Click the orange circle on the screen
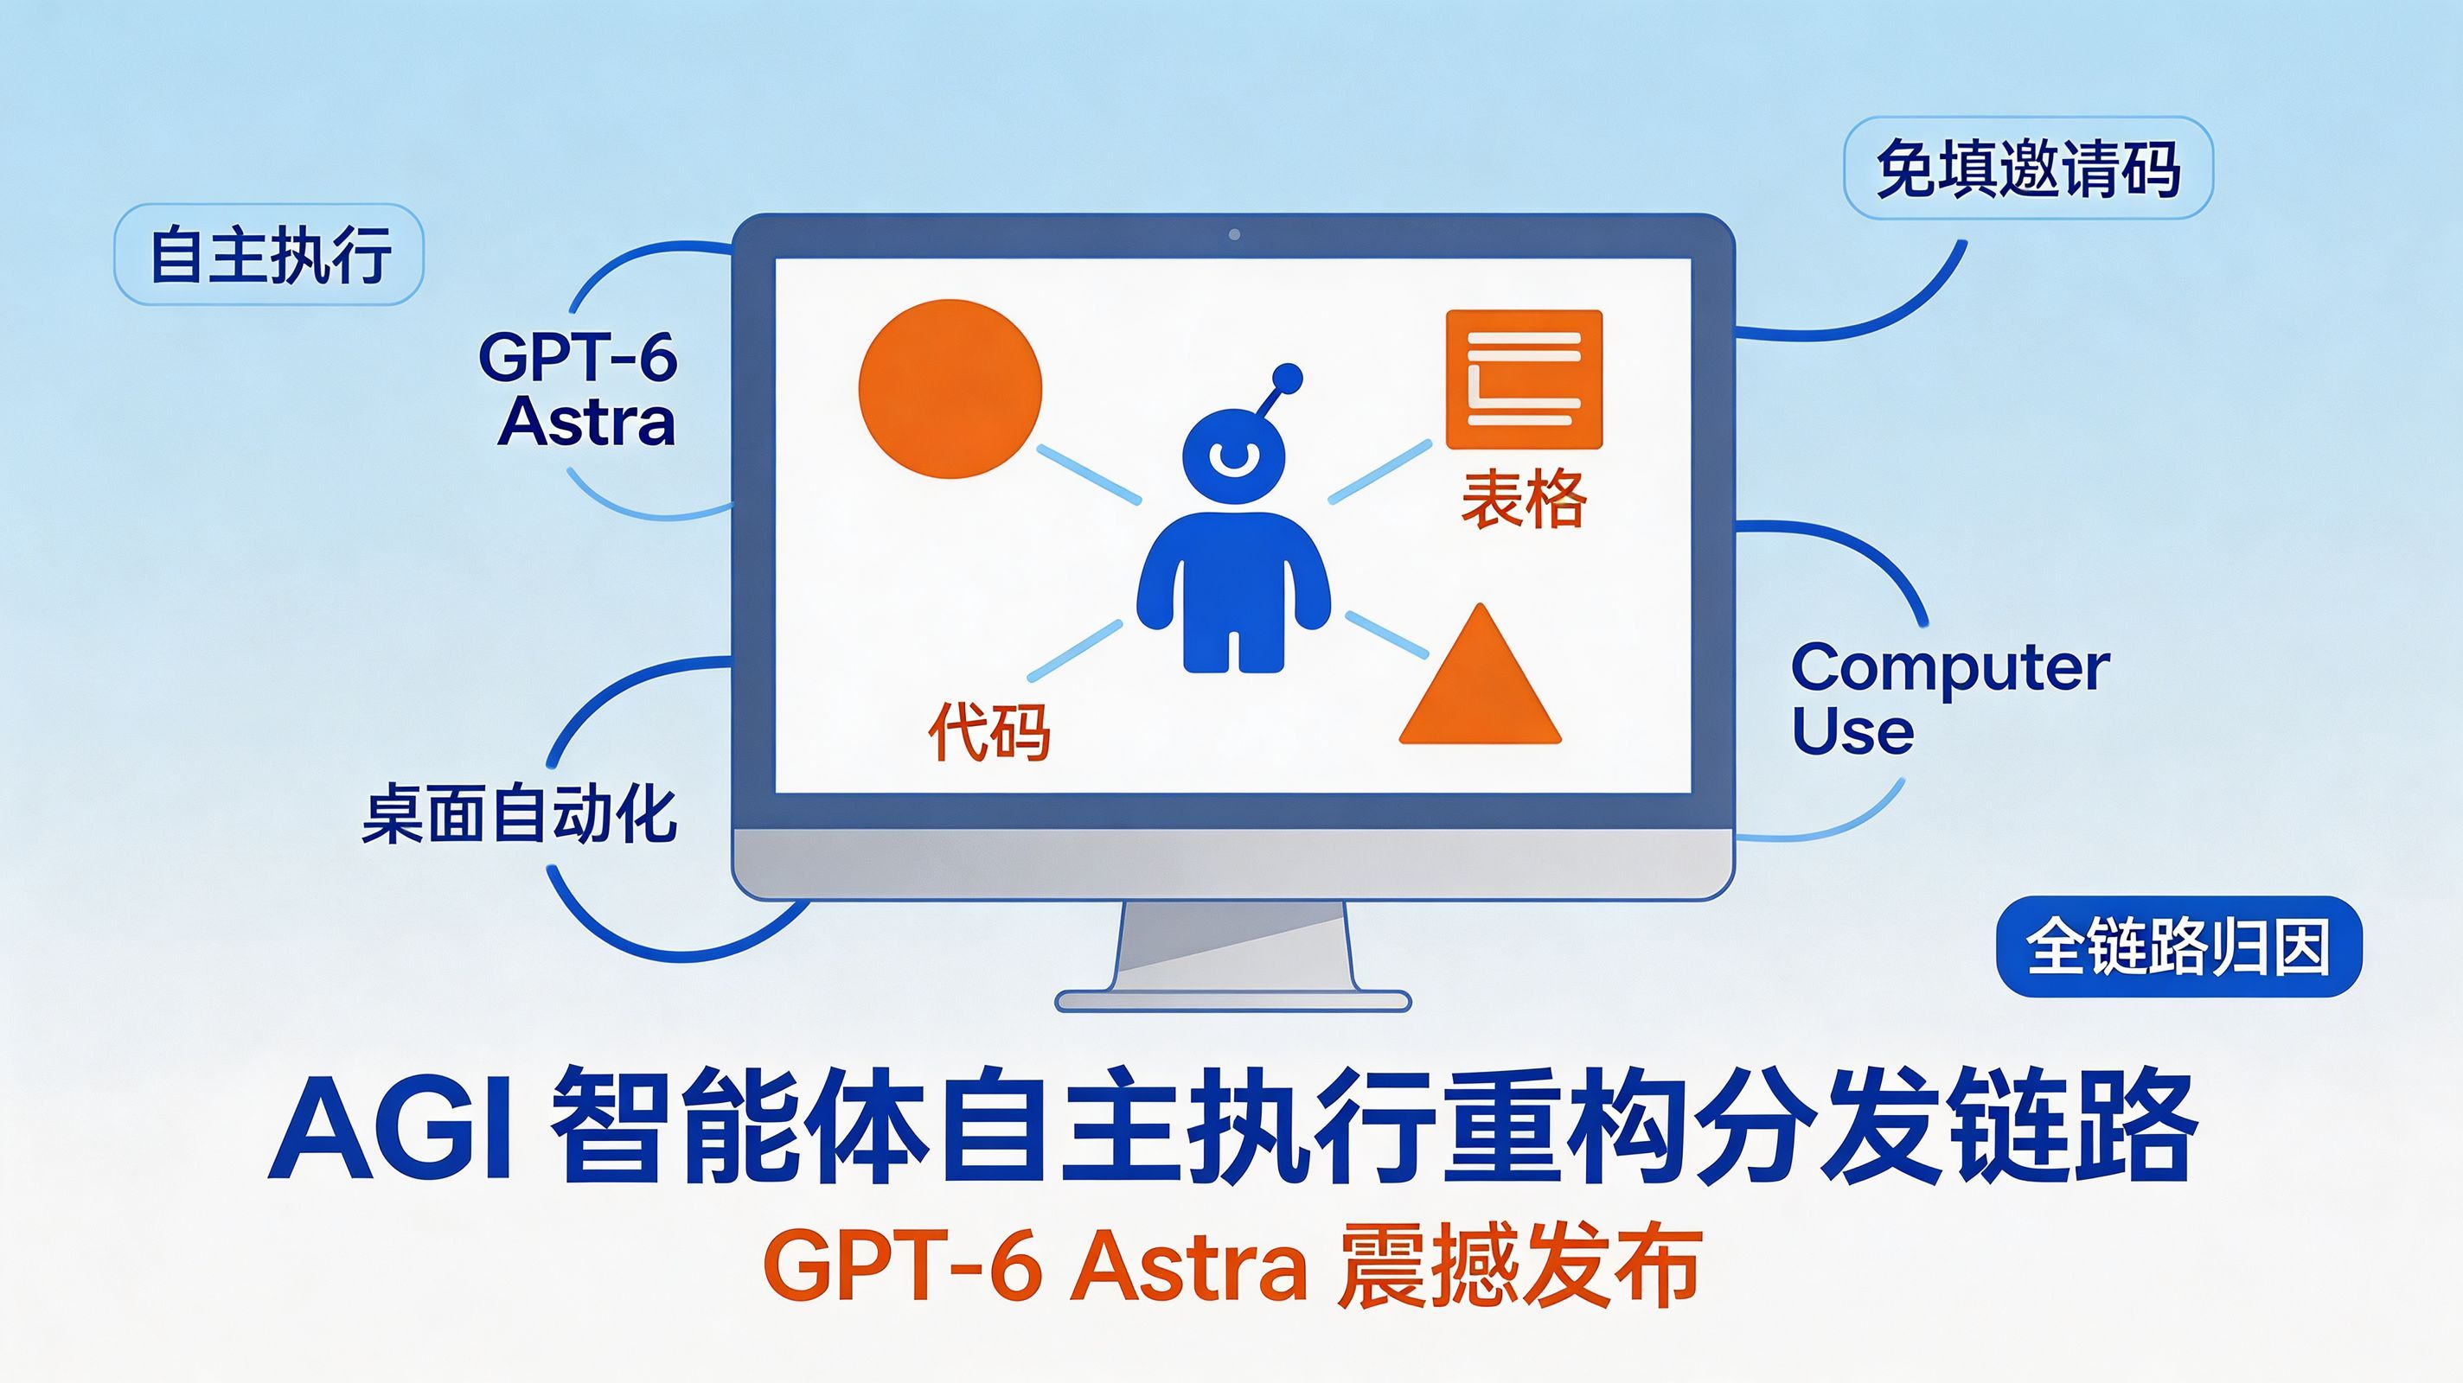950,388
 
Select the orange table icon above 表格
1523,379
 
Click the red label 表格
1524,499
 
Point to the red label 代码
988,732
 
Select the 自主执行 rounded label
269,254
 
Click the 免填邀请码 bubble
2028,169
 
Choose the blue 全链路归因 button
2179,946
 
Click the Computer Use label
1949,698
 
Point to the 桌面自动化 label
519,814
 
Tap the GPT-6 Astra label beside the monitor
579,389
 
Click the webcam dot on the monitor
1233,234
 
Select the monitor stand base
1232,1001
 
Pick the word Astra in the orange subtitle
1188,1267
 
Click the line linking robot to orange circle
1089,473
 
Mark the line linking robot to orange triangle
1386,634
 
